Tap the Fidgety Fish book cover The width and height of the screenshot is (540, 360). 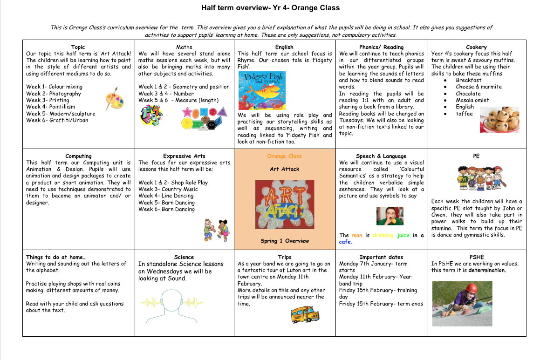(x=261, y=90)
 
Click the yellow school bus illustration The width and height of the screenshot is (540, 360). (x=305, y=315)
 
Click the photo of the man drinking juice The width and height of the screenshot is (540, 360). (x=390, y=216)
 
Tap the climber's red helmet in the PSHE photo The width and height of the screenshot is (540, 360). (x=472, y=288)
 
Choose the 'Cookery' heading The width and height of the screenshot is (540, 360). (x=476, y=47)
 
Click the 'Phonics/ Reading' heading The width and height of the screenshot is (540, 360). (x=381, y=47)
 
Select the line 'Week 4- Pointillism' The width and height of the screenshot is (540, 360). (x=50, y=107)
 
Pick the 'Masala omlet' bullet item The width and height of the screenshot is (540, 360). (x=472, y=100)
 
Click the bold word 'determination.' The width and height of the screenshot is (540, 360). (x=487, y=270)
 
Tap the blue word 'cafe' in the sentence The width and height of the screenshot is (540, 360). (x=345, y=242)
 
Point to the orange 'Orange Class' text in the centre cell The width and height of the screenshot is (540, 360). (x=284, y=156)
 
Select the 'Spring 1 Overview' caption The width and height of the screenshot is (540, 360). (x=285, y=241)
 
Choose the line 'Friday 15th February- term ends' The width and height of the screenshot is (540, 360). (x=381, y=304)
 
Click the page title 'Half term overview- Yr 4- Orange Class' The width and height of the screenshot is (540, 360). (x=270, y=8)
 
